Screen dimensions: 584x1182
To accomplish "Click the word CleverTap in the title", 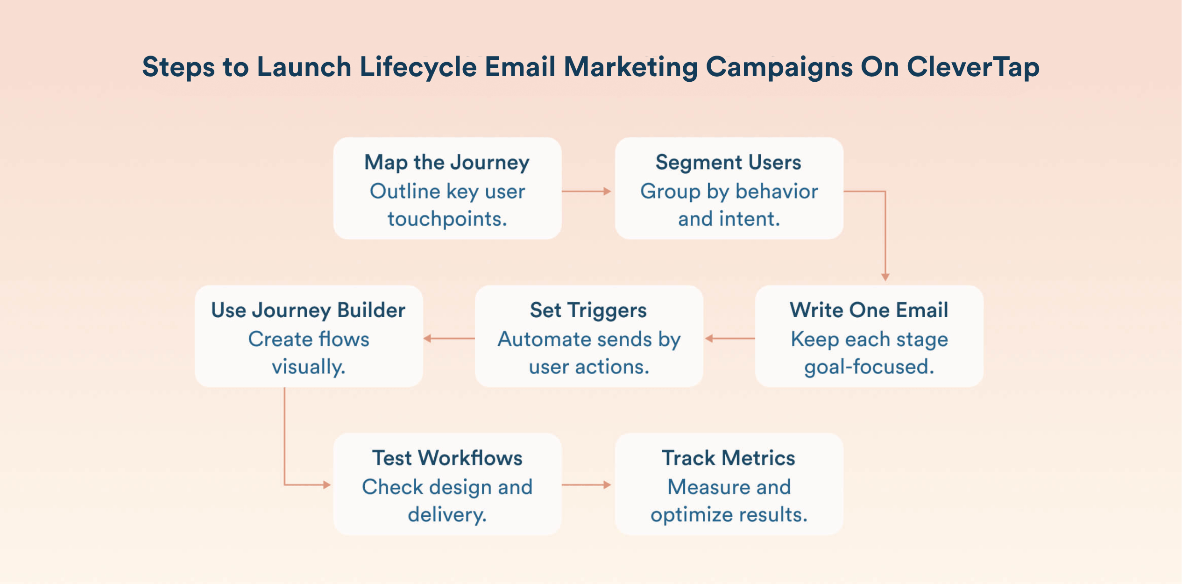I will [x=973, y=67].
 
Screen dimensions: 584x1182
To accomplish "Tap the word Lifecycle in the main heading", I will [x=418, y=67].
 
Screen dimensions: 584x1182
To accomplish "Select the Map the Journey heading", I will [x=447, y=163].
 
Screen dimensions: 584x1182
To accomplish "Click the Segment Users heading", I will [x=728, y=163].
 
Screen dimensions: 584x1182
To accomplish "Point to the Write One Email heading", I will [x=869, y=310].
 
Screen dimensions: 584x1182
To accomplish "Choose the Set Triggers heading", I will [x=588, y=310].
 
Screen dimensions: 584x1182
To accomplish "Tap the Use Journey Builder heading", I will [x=308, y=310].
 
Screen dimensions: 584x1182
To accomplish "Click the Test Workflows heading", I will [x=447, y=458].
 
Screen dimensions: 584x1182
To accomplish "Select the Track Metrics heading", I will [x=728, y=458].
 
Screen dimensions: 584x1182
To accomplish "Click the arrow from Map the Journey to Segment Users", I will [x=587, y=191].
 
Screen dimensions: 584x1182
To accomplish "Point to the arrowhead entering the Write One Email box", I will [x=885, y=277].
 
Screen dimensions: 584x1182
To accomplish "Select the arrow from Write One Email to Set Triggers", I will [x=729, y=338].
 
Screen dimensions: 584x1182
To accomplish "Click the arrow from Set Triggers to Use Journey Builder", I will [x=449, y=338].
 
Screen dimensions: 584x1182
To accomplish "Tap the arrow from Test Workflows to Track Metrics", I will [x=587, y=485].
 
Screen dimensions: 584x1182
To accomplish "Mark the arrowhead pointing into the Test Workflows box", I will [x=326, y=485].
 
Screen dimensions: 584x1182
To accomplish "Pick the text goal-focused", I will [x=869, y=367].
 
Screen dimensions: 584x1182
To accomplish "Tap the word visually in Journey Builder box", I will [x=308, y=367].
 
